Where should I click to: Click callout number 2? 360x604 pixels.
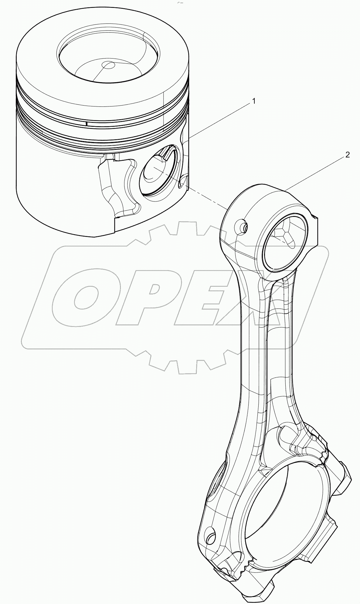(x=347, y=155)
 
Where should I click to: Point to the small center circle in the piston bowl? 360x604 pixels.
(x=108, y=65)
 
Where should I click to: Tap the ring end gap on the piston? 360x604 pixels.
(x=86, y=123)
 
